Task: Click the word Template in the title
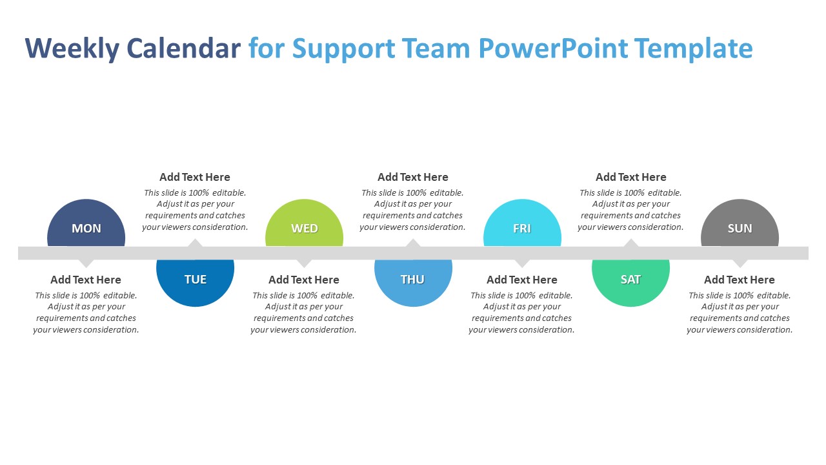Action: [x=693, y=49]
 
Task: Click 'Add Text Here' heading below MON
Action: [x=86, y=280]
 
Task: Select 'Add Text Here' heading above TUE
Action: [x=195, y=177]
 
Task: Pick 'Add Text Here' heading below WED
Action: [x=304, y=280]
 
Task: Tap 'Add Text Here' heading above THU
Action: [x=413, y=177]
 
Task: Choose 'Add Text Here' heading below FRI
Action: [x=522, y=280]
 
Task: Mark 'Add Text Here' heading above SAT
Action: [x=630, y=177]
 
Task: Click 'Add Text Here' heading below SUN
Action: [x=740, y=280]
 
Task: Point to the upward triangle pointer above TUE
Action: [x=195, y=243]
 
